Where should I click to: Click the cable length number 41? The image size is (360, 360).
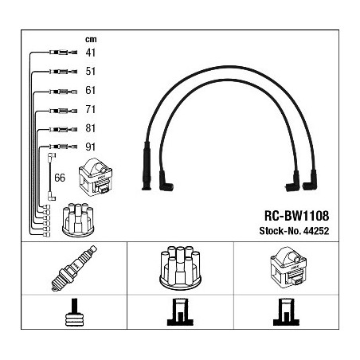(x=90, y=53)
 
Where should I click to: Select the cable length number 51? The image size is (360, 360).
(x=90, y=71)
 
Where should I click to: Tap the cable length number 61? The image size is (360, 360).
(x=90, y=90)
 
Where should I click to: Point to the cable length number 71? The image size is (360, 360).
(x=90, y=109)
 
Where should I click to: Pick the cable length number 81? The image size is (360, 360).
(x=90, y=128)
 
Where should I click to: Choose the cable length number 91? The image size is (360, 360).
(x=90, y=147)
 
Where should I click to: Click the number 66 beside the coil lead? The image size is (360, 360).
(x=60, y=178)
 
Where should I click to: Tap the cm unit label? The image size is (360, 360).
(x=91, y=40)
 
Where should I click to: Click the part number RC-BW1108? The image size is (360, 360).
(x=296, y=216)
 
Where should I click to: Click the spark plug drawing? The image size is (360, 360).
(x=74, y=268)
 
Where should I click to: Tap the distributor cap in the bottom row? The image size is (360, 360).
(x=181, y=268)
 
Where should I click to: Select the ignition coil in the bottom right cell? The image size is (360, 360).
(x=288, y=268)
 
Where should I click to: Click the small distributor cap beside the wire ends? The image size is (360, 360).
(x=78, y=220)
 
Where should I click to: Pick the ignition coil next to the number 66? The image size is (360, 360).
(x=96, y=177)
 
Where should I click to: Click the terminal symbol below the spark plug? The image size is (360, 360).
(x=74, y=312)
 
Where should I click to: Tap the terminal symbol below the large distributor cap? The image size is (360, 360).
(x=180, y=312)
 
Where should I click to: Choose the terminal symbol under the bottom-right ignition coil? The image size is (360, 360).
(x=286, y=312)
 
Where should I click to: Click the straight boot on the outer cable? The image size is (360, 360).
(x=147, y=166)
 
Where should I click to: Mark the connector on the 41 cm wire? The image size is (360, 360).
(x=63, y=53)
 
